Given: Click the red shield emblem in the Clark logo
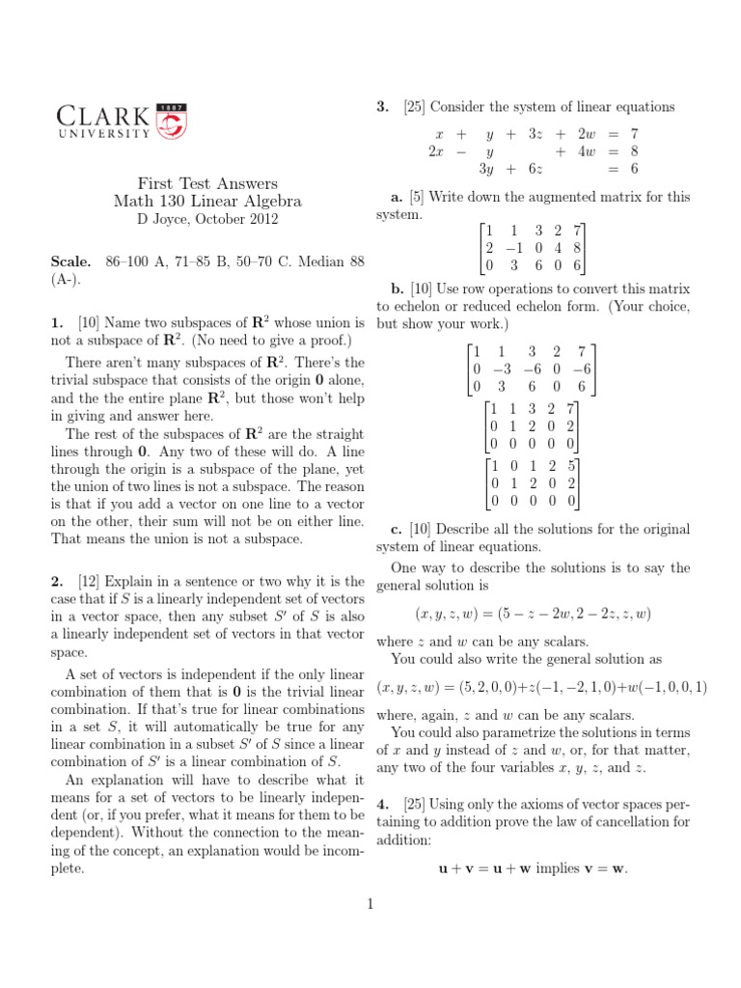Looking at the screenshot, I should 172,121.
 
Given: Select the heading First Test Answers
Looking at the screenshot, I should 207,183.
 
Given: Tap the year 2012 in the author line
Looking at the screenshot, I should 261,219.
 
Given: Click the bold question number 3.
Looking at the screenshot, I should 382,106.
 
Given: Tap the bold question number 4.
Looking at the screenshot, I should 382,803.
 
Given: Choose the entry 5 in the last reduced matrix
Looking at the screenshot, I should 571,466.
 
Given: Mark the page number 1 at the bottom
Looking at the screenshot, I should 370,904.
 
